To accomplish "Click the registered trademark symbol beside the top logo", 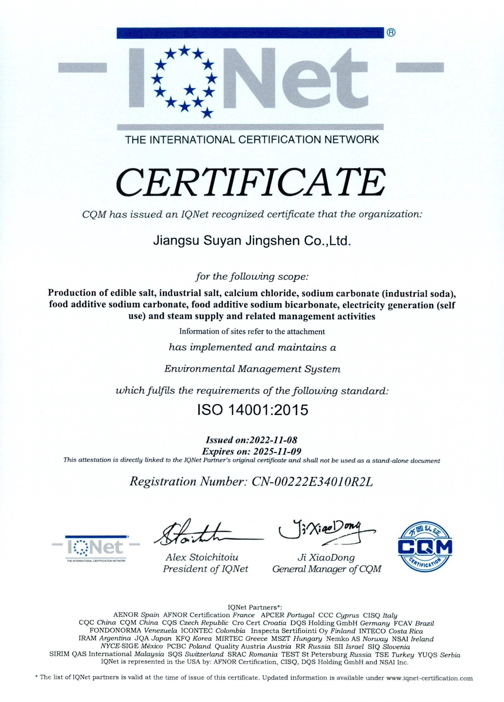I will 391,32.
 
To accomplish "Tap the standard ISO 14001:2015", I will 253,410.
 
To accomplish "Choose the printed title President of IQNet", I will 206,569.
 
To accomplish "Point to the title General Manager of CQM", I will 327,569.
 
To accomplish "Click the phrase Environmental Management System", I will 252,369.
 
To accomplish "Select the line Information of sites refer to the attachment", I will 252,332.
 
